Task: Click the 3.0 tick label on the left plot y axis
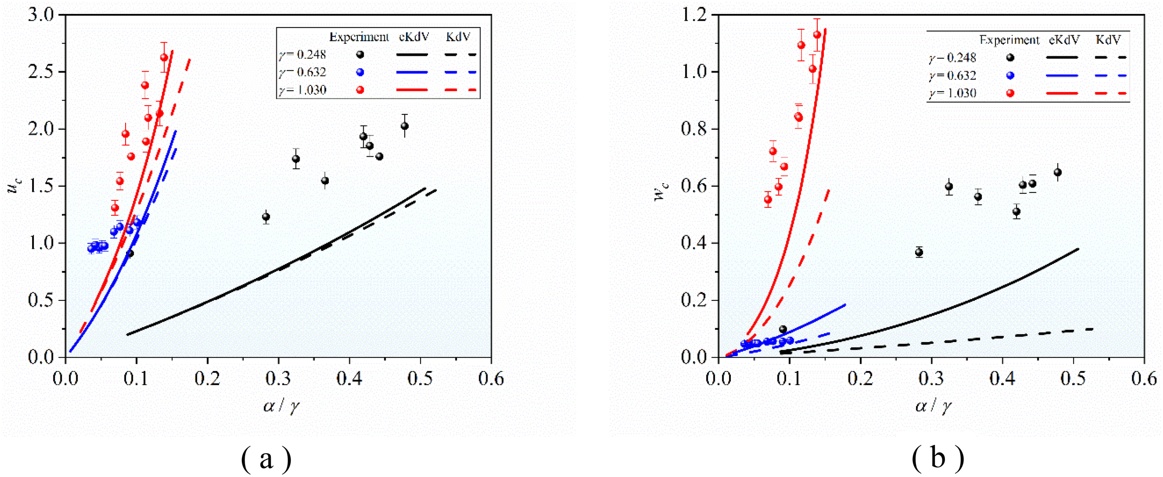click(41, 15)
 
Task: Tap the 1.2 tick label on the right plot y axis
click(693, 15)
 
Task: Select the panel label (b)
click(938, 457)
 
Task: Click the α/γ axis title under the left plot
click(281, 406)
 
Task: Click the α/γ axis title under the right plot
click(933, 406)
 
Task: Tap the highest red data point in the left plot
click(164, 57)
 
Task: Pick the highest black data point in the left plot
click(404, 126)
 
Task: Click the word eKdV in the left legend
click(414, 37)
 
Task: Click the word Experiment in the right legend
click(1009, 40)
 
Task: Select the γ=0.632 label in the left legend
click(302, 72)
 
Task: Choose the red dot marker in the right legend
click(1010, 93)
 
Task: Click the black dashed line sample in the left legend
click(460, 54)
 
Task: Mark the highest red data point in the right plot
click(817, 34)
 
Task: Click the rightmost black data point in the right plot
click(1057, 172)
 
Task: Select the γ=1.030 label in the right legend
click(952, 93)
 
